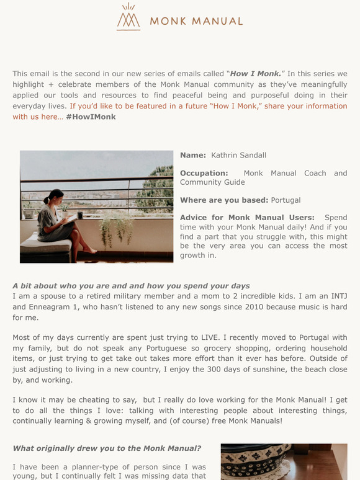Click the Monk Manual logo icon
click(x=128, y=17)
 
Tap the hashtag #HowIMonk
click(x=91, y=117)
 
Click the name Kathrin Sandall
click(x=238, y=155)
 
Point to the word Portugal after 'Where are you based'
click(x=286, y=200)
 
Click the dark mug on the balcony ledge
click(x=79, y=216)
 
